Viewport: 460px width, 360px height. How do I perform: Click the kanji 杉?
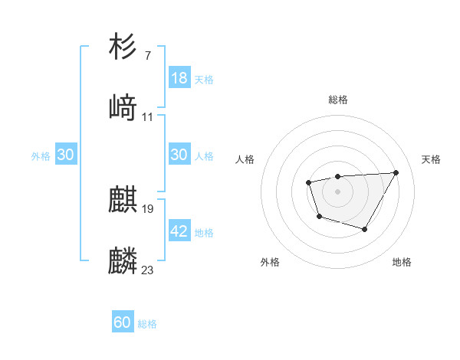point(123,47)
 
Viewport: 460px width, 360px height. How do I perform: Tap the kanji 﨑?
point(123,108)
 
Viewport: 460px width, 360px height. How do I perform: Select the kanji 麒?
point(123,200)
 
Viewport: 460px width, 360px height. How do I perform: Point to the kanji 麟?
point(123,260)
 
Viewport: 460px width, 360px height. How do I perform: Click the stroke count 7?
point(147,56)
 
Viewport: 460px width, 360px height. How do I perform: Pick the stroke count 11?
point(147,117)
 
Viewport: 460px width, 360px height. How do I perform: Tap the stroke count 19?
point(148,208)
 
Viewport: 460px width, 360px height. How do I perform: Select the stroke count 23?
point(148,270)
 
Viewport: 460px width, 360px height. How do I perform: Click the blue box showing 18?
point(179,78)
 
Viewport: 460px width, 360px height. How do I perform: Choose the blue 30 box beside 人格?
point(179,155)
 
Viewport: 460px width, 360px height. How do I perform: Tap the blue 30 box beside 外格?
point(66,155)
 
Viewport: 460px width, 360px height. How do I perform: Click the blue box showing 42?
point(179,231)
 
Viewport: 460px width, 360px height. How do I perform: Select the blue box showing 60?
point(123,322)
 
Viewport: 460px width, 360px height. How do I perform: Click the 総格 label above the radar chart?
point(338,100)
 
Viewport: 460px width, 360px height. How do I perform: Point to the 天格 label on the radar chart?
point(431,159)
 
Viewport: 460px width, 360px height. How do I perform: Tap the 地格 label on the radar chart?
point(402,263)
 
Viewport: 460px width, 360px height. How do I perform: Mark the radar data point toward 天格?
point(396,172)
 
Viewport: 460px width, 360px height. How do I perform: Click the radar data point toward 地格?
point(365,229)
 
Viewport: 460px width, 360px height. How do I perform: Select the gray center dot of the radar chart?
point(337,191)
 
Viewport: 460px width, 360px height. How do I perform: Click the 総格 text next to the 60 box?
point(147,324)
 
